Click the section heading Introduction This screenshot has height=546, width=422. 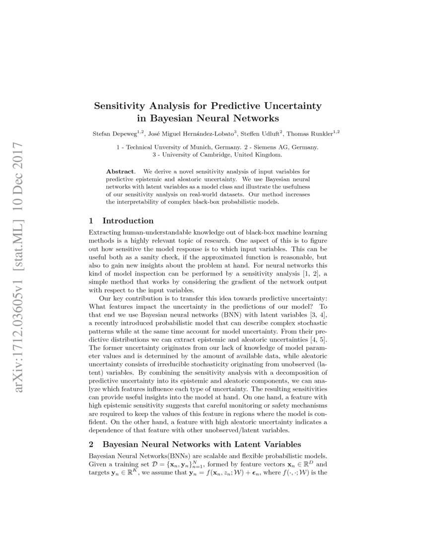pyautogui.click(x=128, y=220)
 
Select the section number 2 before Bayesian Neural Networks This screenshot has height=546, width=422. pyautogui.click(x=91, y=444)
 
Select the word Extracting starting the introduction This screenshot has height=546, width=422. pyautogui.click(x=105, y=233)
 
